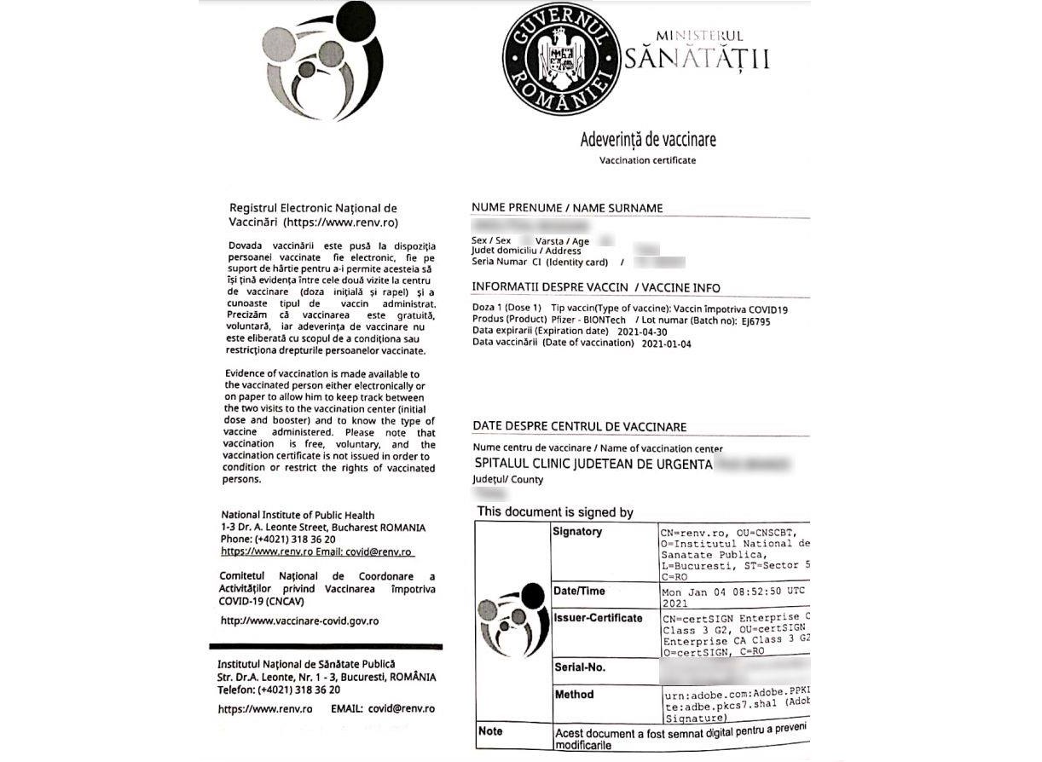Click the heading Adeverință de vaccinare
[x=648, y=140]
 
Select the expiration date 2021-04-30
[x=642, y=331]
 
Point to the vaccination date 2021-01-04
[x=666, y=343]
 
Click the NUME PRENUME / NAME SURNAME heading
[x=567, y=208]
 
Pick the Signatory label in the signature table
[x=577, y=532]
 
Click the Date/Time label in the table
[x=579, y=591]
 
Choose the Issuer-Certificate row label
[x=598, y=618]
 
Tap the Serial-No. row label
[x=579, y=667]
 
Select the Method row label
[x=574, y=695]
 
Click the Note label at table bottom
[x=490, y=731]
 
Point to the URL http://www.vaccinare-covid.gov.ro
[x=299, y=621]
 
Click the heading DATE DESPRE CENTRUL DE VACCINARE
[x=579, y=427]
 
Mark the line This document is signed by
[x=555, y=512]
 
